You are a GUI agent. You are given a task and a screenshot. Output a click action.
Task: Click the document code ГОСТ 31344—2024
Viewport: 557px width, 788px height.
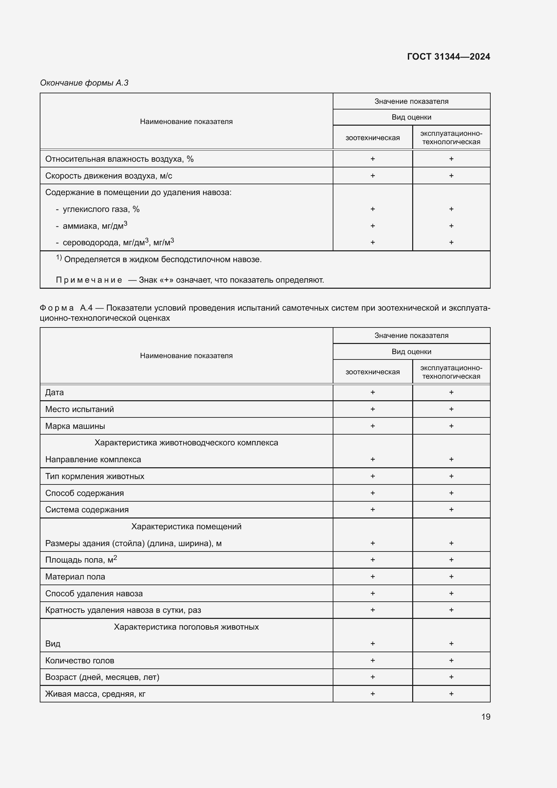click(x=448, y=57)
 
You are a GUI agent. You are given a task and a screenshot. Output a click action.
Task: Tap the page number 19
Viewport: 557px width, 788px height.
click(x=486, y=717)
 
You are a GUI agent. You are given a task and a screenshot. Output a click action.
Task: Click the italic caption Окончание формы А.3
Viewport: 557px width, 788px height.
click(x=84, y=83)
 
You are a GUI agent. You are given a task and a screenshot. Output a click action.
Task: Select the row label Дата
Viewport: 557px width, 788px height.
click(x=55, y=392)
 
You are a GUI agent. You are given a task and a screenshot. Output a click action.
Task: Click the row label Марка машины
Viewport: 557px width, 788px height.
click(x=75, y=426)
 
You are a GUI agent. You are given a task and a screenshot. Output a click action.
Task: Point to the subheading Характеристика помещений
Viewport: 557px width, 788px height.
click(x=186, y=527)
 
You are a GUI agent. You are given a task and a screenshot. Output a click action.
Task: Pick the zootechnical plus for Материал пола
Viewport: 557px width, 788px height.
click(x=372, y=576)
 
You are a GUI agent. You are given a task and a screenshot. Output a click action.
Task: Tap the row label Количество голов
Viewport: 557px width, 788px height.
click(x=79, y=661)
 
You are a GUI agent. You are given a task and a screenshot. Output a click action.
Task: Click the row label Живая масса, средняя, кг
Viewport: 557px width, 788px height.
click(x=95, y=694)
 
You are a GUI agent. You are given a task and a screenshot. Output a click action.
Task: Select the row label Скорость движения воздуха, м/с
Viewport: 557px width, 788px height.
click(x=109, y=176)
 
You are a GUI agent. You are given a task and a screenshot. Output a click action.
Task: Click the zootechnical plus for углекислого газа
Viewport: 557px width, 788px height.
click(x=372, y=209)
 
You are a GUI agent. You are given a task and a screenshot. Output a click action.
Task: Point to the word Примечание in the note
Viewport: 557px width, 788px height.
click(x=89, y=280)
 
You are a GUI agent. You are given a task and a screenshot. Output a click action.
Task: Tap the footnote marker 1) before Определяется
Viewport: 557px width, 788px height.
click(x=59, y=258)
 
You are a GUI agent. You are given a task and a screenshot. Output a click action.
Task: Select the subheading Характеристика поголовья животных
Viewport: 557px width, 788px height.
click(x=186, y=627)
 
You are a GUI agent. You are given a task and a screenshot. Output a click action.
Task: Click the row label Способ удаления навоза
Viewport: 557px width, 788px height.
click(x=94, y=593)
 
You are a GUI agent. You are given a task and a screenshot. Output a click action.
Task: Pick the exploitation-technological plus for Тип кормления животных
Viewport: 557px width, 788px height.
click(x=451, y=476)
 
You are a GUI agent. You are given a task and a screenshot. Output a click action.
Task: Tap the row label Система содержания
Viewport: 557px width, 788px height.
click(x=87, y=510)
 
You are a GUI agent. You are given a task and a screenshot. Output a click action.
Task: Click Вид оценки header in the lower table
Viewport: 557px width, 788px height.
click(x=411, y=351)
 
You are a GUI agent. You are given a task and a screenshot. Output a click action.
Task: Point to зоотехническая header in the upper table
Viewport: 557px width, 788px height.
click(x=372, y=138)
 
